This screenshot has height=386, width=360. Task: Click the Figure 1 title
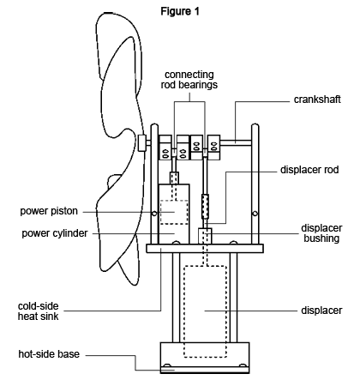tap(180, 11)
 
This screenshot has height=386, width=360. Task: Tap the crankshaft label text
tap(317, 100)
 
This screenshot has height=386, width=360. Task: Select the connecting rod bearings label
tap(189, 80)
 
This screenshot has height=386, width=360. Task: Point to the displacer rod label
tap(309, 170)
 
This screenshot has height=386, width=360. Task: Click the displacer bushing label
tap(321, 233)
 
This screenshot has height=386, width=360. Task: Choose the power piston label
tap(49, 211)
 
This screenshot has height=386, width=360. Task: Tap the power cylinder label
tap(55, 233)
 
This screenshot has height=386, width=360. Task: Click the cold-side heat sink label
tap(38, 311)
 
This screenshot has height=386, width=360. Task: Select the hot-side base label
tap(49, 354)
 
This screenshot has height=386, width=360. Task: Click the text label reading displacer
tap(321, 311)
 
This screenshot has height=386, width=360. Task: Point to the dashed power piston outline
tap(174, 201)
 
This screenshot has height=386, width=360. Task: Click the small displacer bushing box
tap(205, 236)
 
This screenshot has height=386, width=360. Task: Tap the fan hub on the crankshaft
tap(141, 142)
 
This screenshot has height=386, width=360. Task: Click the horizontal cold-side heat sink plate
tap(205, 248)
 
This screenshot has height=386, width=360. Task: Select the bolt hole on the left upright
tap(154, 214)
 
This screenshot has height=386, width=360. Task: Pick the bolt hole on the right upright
tap(255, 214)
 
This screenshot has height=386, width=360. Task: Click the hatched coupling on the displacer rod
tap(205, 207)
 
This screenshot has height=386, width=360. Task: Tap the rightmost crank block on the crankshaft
tap(213, 148)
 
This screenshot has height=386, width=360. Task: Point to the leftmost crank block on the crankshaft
tap(165, 148)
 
